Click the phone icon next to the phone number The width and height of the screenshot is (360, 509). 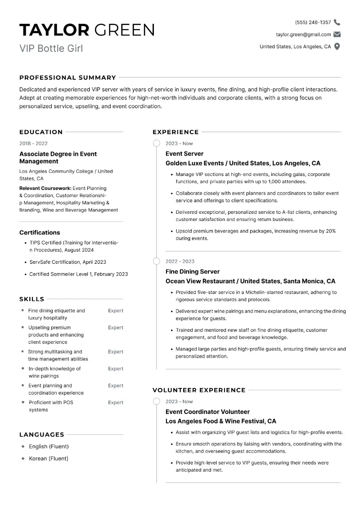tap(337, 23)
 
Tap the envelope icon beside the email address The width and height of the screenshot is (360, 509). tap(337, 35)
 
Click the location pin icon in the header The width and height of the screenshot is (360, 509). tap(337, 46)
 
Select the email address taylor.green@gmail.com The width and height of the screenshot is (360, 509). tap(303, 35)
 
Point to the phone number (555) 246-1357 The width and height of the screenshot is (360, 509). tap(313, 23)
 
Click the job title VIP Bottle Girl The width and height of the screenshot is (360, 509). tap(51, 48)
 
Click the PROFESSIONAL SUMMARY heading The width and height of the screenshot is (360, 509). tap(67, 77)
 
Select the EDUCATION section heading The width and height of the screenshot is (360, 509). tap(41, 132)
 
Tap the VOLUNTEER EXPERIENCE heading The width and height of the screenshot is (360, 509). tap(199, 390)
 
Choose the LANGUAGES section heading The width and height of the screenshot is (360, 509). tap(42, 435)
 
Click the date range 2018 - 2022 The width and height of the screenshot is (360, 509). tap(33, 144)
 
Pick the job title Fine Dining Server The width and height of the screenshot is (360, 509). tap(193, 272)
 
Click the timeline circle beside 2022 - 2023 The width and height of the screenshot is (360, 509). tap(157, 261)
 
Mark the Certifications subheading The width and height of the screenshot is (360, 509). tap(40, 233)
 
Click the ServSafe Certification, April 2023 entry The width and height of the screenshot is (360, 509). tap(67, 262)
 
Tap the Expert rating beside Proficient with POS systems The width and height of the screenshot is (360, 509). tap(116, 403)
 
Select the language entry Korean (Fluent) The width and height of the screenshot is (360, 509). tap(49, 459)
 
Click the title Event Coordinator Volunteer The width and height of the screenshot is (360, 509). tap(207, 412)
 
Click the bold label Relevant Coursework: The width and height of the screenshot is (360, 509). tap(45, 188)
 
